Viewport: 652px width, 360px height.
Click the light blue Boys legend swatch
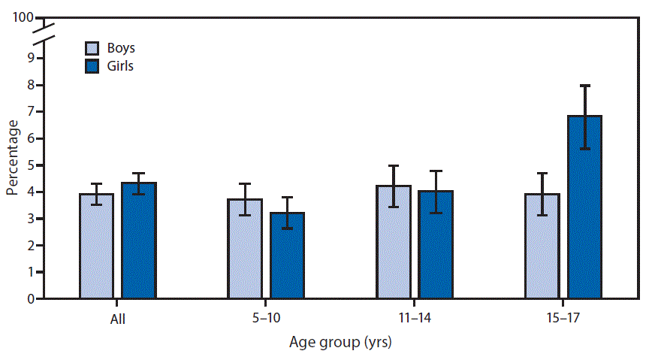[x=92, y=49]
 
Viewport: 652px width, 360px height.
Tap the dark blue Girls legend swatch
[x=92, y=66]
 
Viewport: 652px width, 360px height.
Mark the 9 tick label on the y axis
[x=30, y=59]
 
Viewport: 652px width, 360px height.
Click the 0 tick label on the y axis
[x=30, y=299]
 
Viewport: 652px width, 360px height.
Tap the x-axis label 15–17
[x=563, y=319]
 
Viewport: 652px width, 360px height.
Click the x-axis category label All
[x=117, y=319]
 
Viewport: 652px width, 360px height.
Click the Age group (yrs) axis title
[x=340, y=343]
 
